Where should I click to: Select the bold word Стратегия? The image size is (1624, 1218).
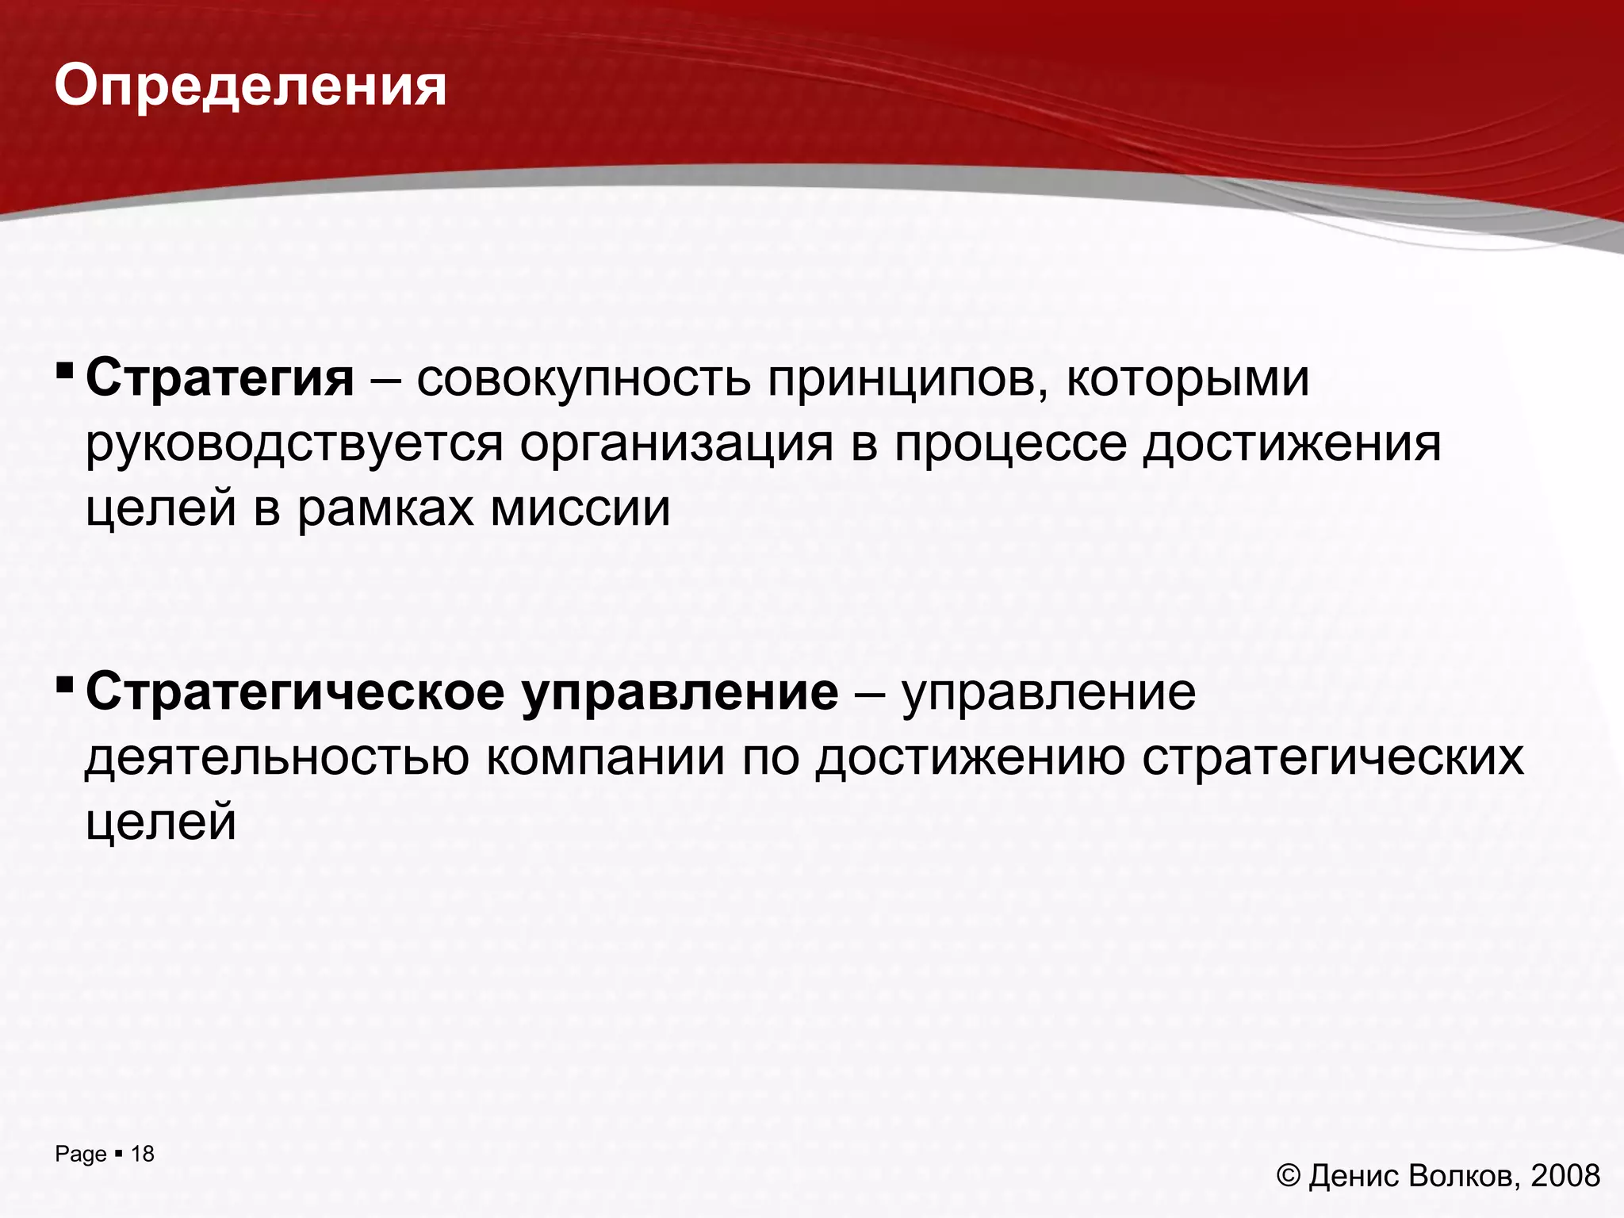tap(220, 379)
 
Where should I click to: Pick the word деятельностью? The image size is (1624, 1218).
tap(277, 758)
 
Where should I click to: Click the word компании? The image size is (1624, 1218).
tap(606, 758)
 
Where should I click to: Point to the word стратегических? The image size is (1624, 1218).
tap(1333, 758)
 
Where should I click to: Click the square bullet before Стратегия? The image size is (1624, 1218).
tap(64, 370)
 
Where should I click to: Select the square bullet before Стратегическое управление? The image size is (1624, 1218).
tap(64, 684)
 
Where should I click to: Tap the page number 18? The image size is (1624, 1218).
tap(143, 1154)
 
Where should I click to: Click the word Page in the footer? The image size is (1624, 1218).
tap(80, 1155)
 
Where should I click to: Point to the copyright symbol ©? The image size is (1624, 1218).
tap(1289, 1175)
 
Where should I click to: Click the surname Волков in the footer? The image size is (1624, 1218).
tap(1464, 1175)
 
